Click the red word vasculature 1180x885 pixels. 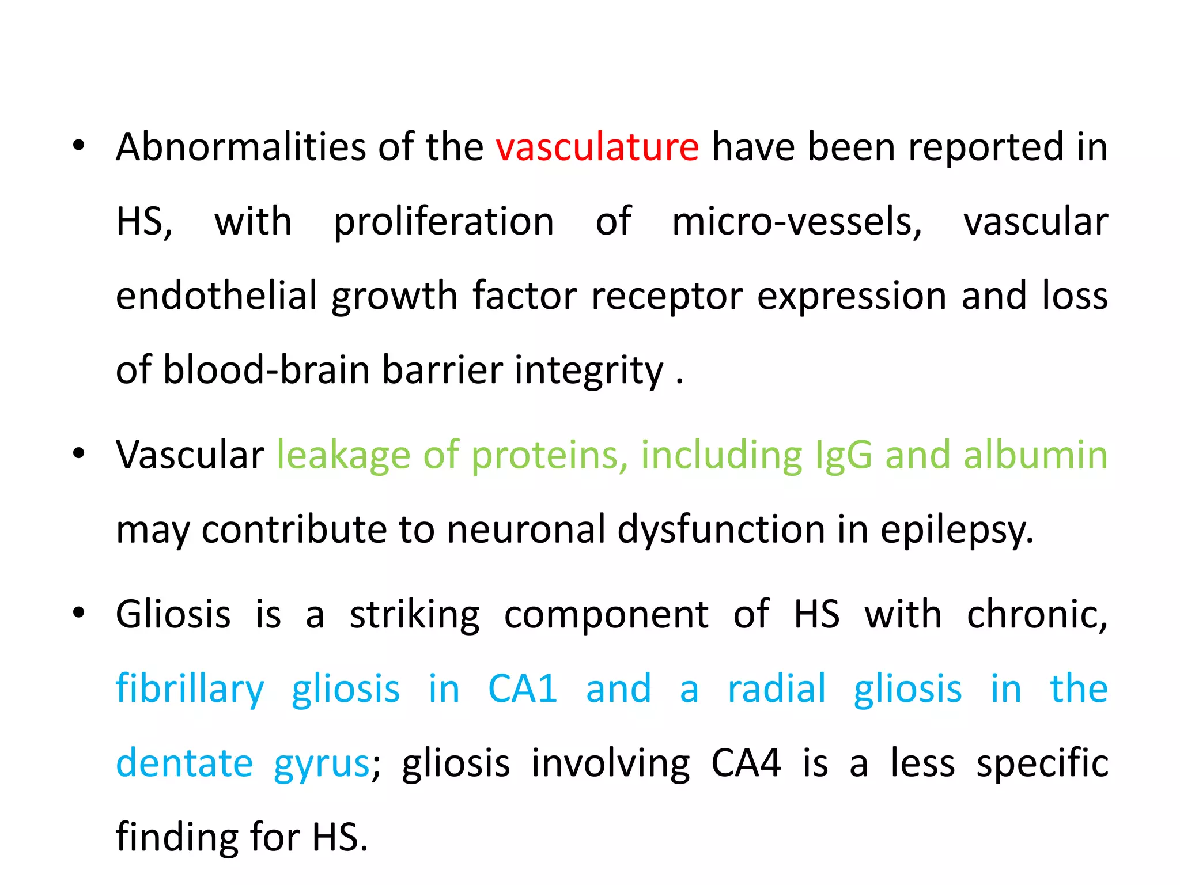click(597, 147)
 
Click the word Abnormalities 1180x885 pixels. click(241, 147)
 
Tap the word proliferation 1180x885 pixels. click(444, 222)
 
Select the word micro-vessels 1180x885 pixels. click(797, 222)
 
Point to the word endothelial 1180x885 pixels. click(217, 296)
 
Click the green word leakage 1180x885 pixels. click(343, 455)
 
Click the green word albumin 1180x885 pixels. click(1035, 455)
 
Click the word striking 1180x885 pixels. click(415, 615)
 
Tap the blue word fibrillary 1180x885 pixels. click(190, 690)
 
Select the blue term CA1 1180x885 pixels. click(523, 689)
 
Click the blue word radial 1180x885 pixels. click(777, 689)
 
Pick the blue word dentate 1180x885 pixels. click(184, 763)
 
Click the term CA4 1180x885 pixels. click(746, 763)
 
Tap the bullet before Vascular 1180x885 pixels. click(79, 453)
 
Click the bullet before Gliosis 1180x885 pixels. click(79, 613)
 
